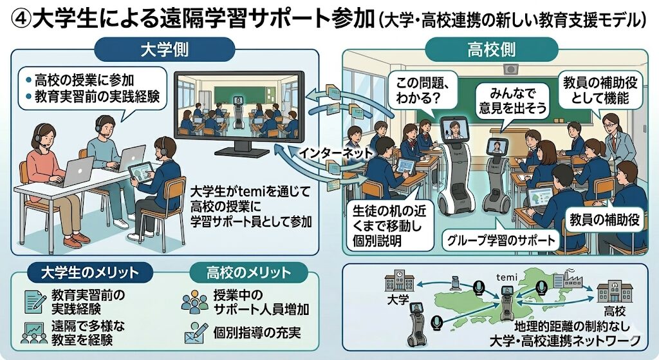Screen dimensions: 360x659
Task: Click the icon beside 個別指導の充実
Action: click(x=193, y=334)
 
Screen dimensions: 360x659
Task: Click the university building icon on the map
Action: click(x=399, y=282)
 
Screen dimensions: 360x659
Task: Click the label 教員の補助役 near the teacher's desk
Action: click(x=604, y=221)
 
